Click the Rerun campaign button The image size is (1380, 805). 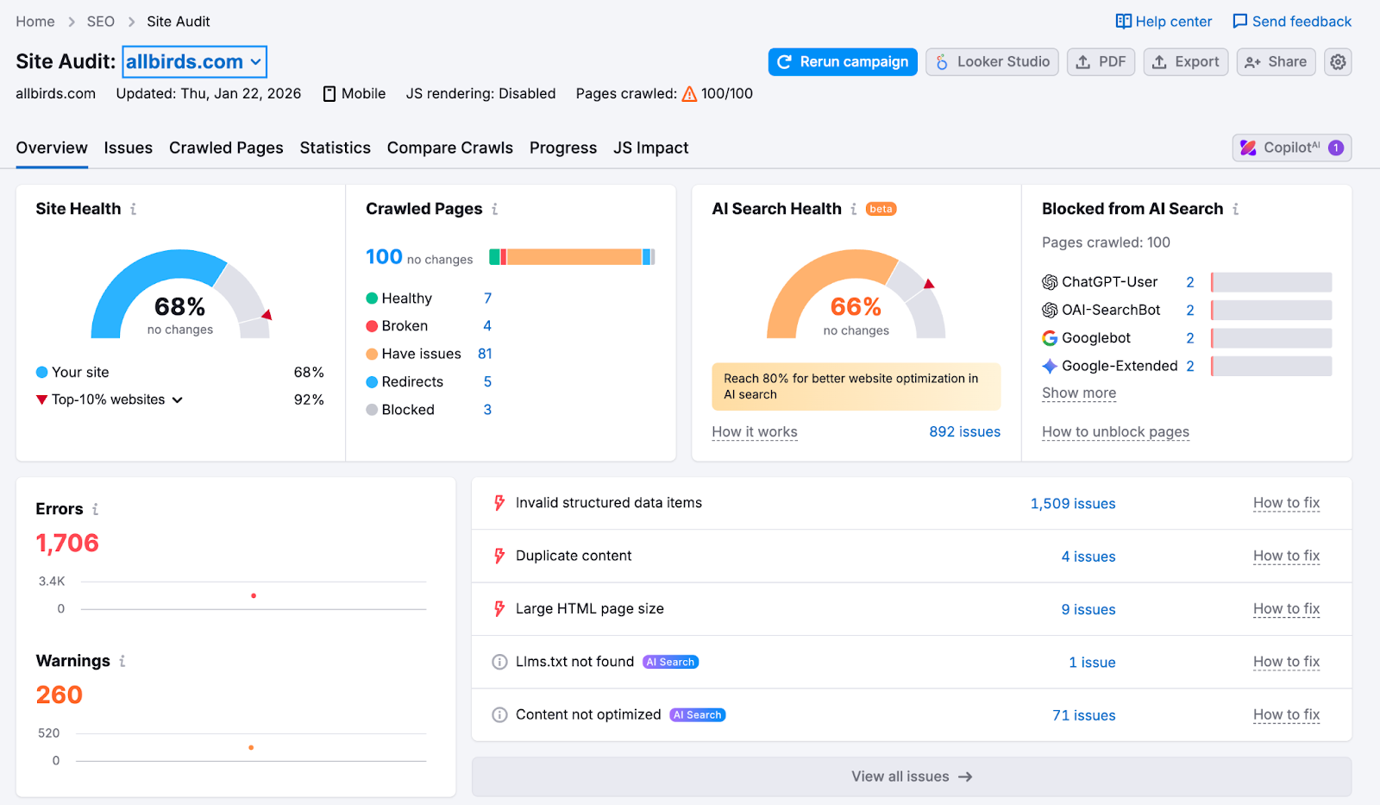843,62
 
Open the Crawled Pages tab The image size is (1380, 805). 226,148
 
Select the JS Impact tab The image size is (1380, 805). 650,148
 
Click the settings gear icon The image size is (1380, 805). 1338,62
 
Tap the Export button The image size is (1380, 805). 1186,62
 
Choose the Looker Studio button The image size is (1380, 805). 992,62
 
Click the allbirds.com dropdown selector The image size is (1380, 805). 194,62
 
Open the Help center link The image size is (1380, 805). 1164,22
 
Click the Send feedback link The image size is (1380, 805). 1292,22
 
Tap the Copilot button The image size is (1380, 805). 1291,148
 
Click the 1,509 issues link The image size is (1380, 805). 1072,504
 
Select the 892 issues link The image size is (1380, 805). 964,432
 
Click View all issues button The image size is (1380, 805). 912,777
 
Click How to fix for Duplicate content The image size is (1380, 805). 1286,557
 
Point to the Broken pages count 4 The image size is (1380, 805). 487,326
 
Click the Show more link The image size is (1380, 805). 1079,393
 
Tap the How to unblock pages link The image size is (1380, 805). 1115,432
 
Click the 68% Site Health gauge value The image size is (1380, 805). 179,306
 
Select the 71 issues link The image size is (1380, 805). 1083,715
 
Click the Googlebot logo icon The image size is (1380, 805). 1050,338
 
